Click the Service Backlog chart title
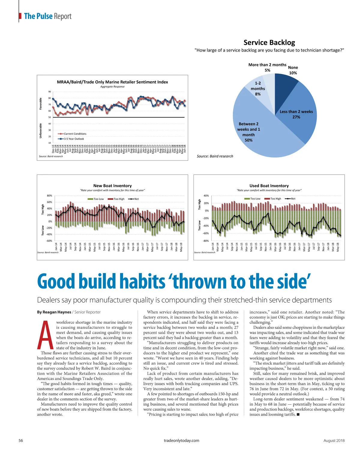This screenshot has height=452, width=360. click(x=269, y=43)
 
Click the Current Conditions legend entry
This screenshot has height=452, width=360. click(x=75, y=134)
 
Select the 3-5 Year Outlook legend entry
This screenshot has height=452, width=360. click(x=74, y=139)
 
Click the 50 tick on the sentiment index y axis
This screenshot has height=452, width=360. click(x=49, y=117)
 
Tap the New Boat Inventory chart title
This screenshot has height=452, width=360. click(x=112, y=186)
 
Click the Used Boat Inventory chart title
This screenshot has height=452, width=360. click(x=269, y=186)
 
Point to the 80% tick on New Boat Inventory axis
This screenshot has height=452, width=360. click(x=49, y=196)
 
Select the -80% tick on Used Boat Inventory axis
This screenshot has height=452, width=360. click(x=206, y=241)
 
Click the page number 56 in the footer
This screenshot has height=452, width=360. click(x=21, y=441)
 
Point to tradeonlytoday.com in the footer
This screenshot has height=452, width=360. click(x=181, y=441)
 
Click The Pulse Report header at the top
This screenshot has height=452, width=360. click(x=48, y=16)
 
